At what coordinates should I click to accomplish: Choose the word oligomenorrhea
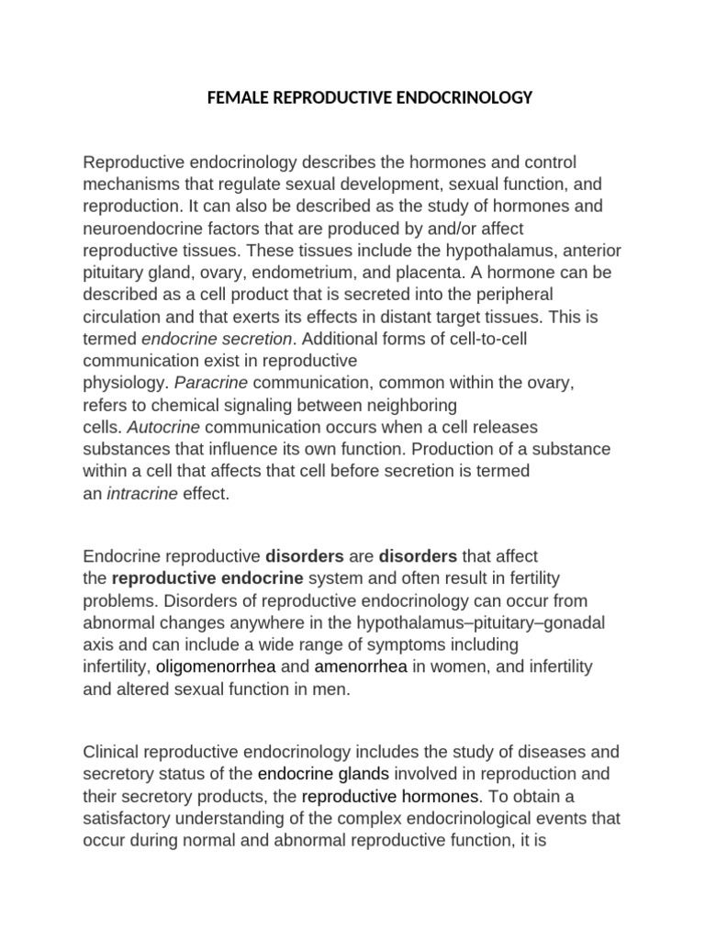pyautogui.click(x=215, y=665)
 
